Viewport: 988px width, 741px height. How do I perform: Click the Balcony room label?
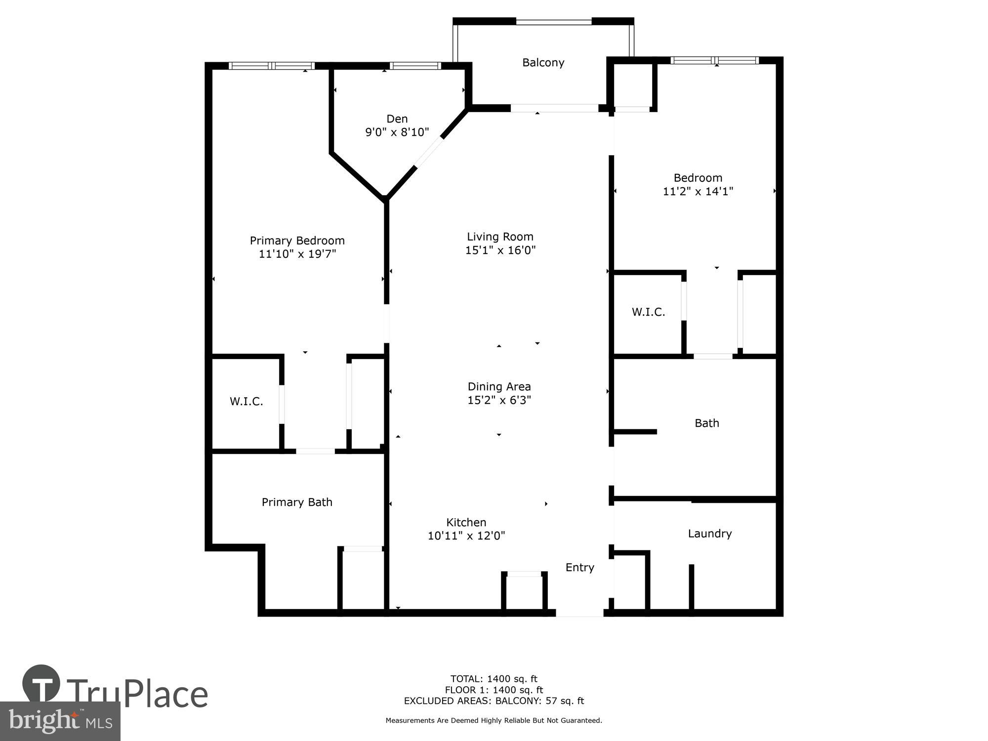pyautogui.click(x=543, y=63)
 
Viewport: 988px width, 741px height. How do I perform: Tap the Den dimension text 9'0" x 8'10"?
pyautogui.click(x=397, y=132)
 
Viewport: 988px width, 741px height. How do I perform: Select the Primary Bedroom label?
pyautogui.click(x=297, y=241)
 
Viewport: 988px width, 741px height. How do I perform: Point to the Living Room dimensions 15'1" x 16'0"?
pyautogui.click(x=500, y=250)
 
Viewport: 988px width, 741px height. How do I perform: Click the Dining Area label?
pyautogui.click(x=499, y=387)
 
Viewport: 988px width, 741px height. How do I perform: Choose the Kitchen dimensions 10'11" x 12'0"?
pyautogui.click(x=466, y=536)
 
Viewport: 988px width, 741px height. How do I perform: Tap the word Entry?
pyautogui.click(x=579, y=568)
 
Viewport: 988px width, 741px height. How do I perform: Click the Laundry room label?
pyautogui.click(x=709, y=534)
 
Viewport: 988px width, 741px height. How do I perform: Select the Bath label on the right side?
pyautogui.click(x=706, y=423)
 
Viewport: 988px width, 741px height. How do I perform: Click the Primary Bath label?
pyautogui.click(x=297, y=502)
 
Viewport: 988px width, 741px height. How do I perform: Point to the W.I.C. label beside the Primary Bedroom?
pyautogui.click(x=246, y=402)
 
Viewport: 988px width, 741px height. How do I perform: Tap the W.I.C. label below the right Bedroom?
pyautogui.click(x=648, y=312)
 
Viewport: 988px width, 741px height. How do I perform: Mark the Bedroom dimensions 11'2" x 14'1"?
pyautogui.click(x=698, y=192)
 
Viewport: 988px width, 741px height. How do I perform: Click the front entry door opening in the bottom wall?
pyautogui.click(x=579, y=613)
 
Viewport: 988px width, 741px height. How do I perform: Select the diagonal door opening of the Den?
pyautogui.click(x=429, y=153)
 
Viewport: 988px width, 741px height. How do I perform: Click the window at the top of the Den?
pyautogui.click(x=415, y=66)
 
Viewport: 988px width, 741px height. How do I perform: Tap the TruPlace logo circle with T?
pyautogui.click(x=41, y=684)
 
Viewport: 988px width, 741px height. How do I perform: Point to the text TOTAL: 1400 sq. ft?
pyautogui.click(x=494, y=679)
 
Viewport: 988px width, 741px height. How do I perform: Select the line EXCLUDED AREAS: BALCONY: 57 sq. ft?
pyautogui.click(x=494, y=701)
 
